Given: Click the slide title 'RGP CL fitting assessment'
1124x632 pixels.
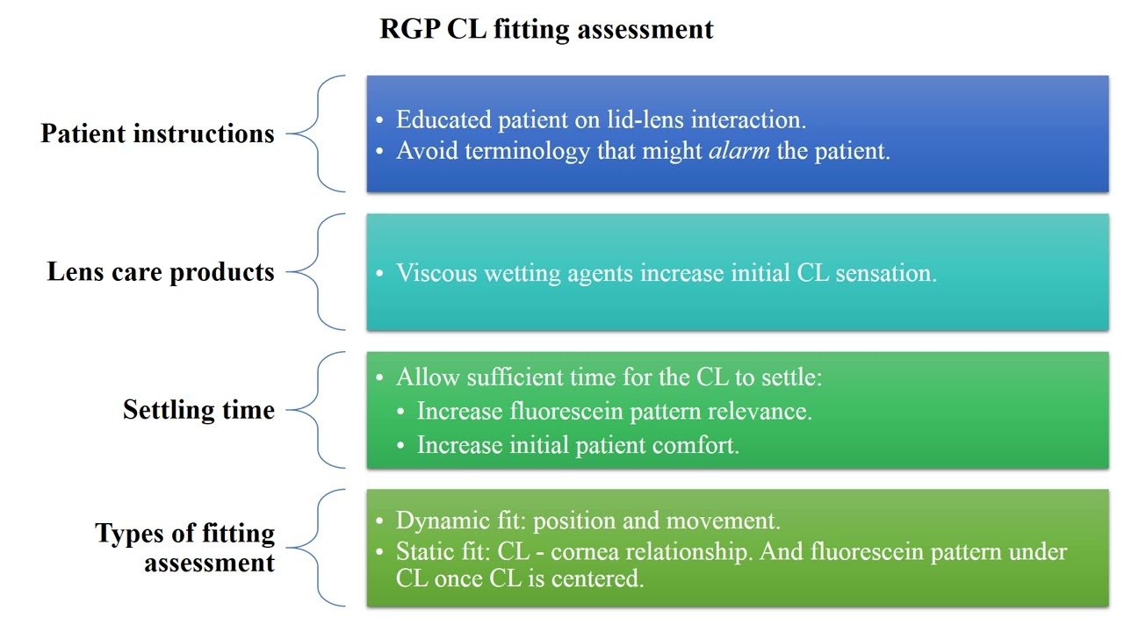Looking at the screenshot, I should click(546, 29).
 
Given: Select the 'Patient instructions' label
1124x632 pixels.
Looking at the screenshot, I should click(157, 134).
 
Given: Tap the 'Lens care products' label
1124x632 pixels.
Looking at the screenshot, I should click(161, 272).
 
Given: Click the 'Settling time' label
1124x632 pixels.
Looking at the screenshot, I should click(198, 410).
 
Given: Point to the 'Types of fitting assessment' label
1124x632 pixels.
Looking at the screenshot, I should click(184, 548).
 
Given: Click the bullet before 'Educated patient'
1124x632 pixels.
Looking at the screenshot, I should click(379, 120).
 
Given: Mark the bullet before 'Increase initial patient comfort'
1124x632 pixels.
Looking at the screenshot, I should click(400, 446).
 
